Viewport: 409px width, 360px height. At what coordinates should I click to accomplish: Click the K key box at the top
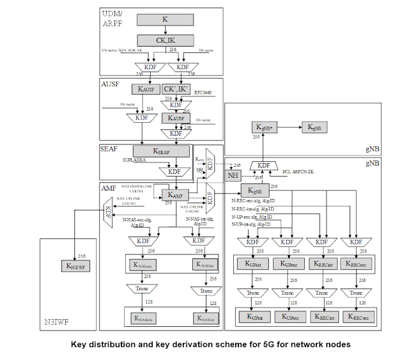(164, 20)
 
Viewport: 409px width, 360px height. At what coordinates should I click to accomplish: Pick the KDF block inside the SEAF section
(174, 171)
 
